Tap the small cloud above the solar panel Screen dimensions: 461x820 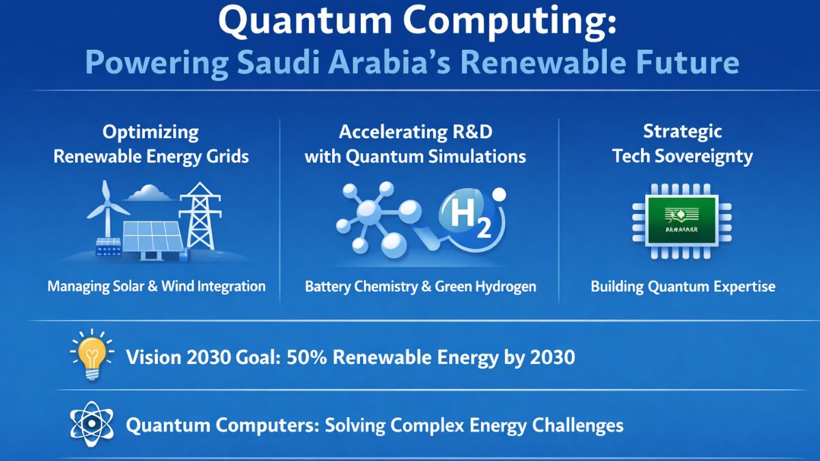click(150, 194)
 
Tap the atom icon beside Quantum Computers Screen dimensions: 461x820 click(89, 425)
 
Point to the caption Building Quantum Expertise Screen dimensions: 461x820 click(683, 287)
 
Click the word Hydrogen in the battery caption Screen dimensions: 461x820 click(502, 287)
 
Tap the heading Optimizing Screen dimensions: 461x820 click(150, 131)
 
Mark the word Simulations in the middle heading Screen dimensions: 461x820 click(477, 156)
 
